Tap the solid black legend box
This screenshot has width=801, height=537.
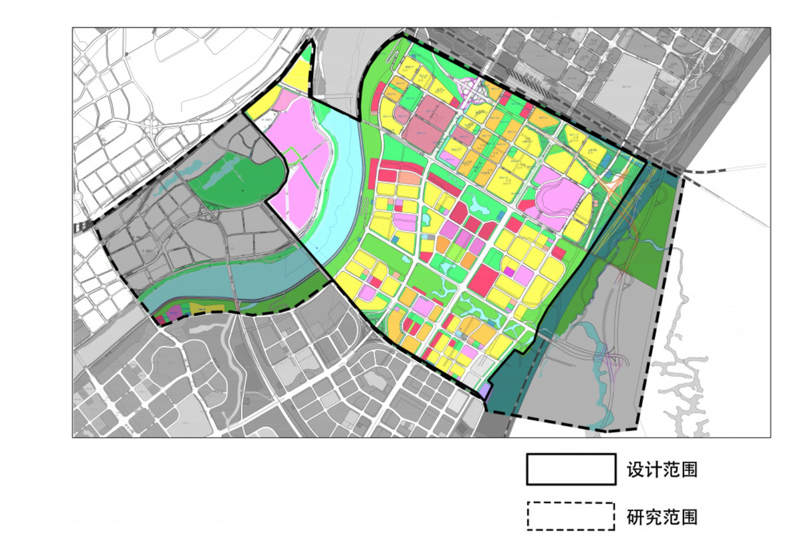pos(571,469)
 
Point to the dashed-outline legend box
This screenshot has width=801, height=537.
pos(571,516)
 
